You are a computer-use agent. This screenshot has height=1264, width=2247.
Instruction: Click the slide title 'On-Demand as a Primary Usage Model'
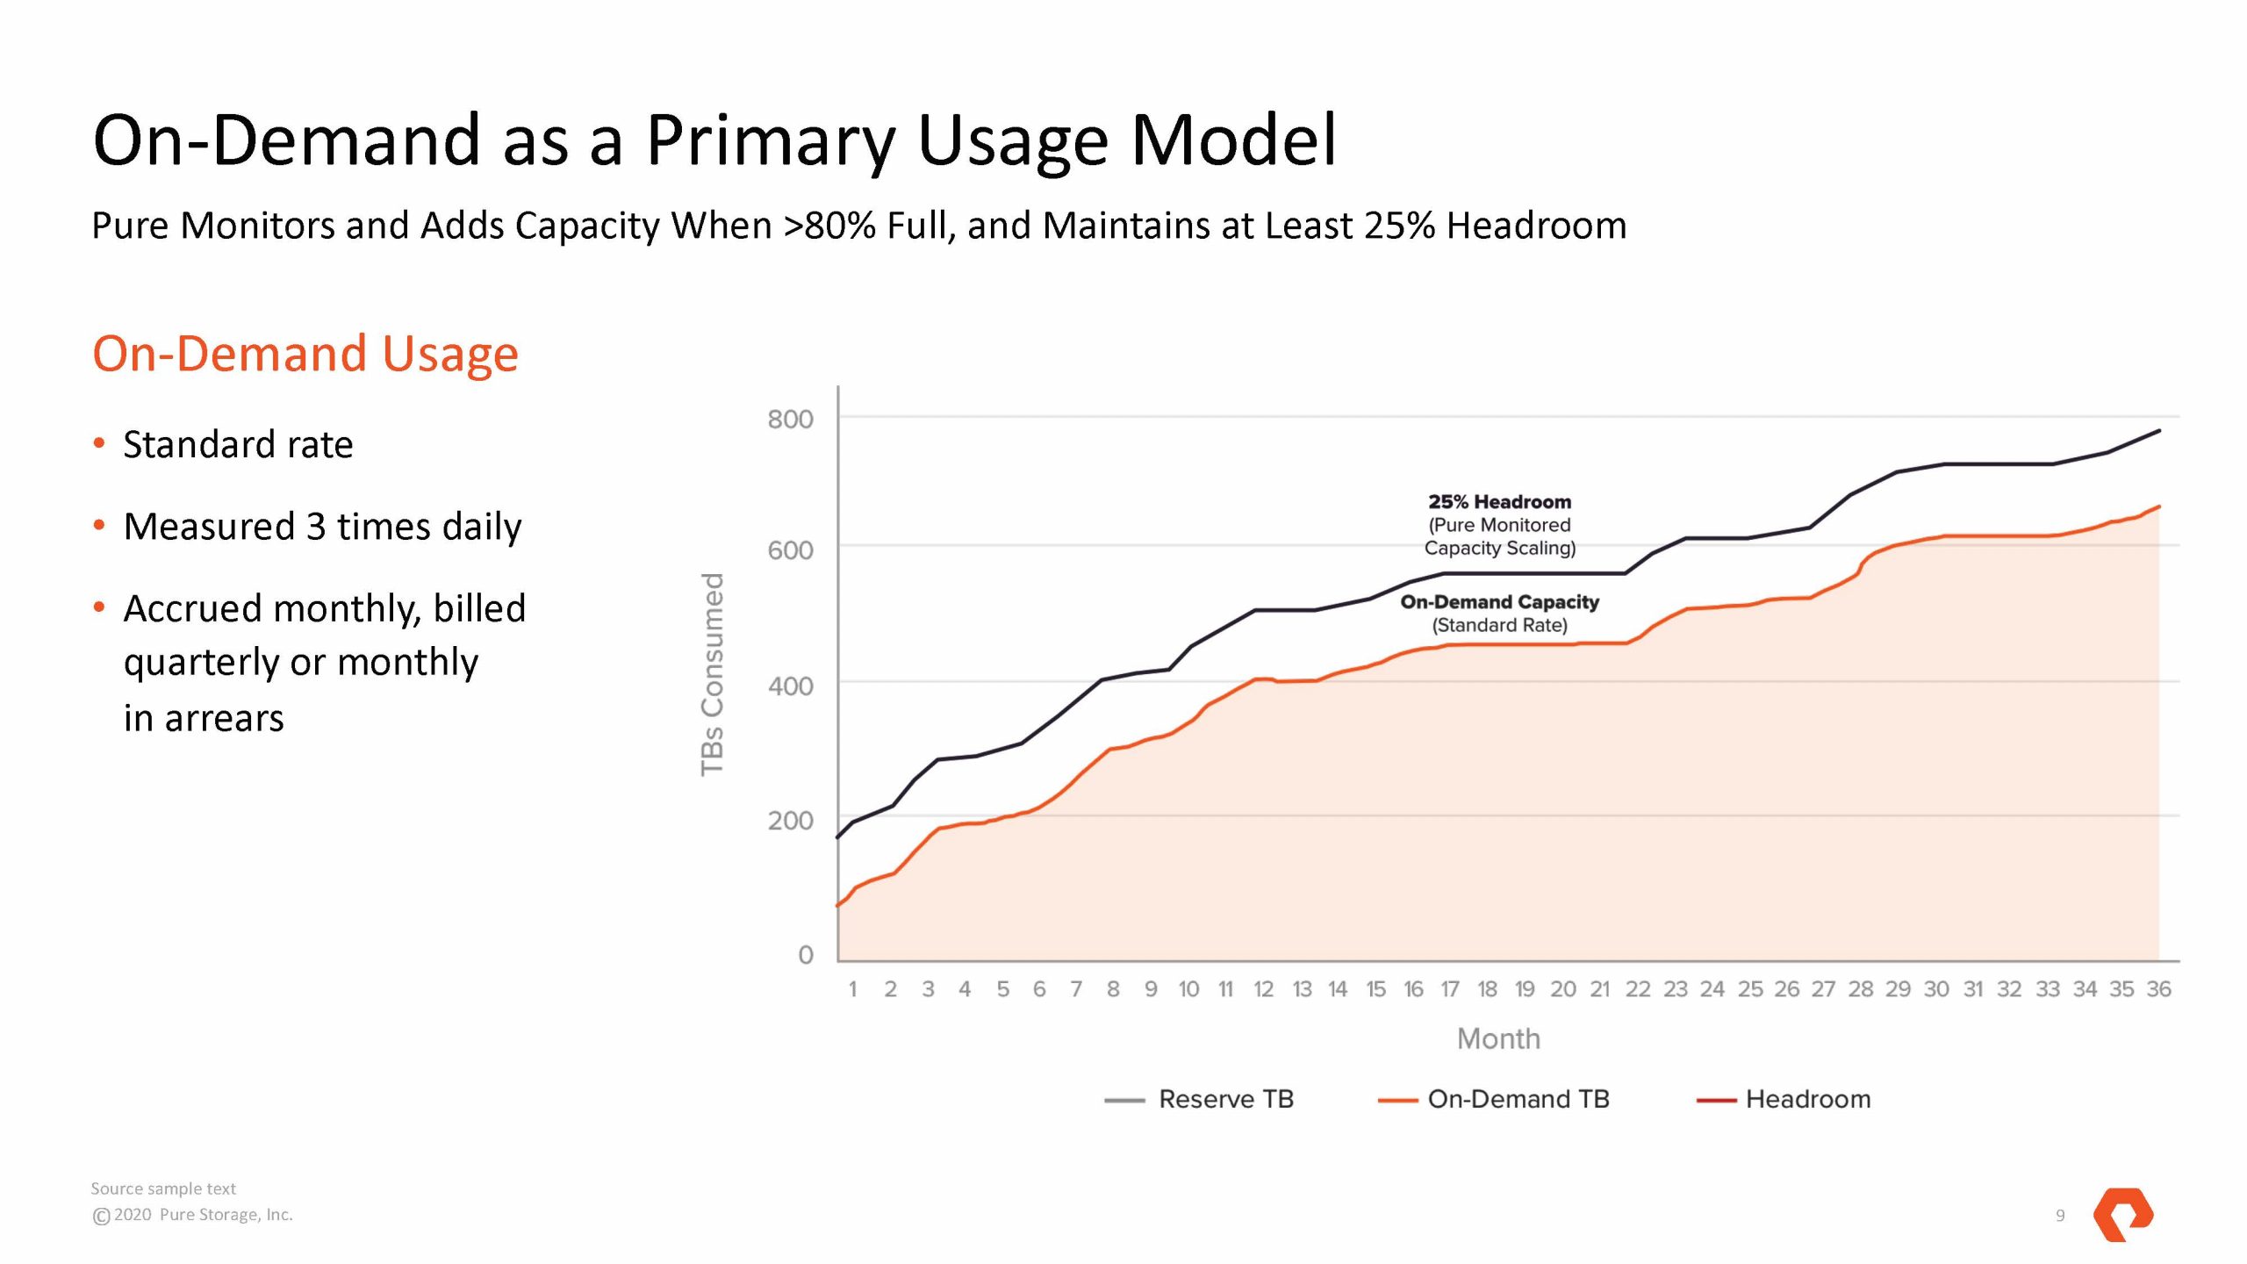(714, 140)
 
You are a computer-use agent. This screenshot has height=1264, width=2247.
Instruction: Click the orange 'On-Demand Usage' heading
(305, 354)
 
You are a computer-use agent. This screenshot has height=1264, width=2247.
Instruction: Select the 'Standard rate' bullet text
(238, 445)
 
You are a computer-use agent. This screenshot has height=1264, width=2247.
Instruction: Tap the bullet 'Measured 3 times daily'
(322, 527)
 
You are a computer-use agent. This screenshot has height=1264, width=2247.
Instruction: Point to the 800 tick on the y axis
(790, 420)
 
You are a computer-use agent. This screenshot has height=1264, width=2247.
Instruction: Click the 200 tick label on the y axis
(790, 821)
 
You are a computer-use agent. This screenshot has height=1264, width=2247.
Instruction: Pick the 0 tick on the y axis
(805, 954)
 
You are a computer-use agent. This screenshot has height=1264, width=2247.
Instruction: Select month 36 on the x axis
(2158, 989)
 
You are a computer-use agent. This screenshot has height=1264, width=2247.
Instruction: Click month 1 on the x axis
(852, 989)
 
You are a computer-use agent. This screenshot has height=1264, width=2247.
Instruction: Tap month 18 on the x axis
(1487, 989)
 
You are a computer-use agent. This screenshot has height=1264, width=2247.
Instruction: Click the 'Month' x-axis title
(1498, 1039)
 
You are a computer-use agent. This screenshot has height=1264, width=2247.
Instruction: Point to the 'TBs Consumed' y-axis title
(713, 674)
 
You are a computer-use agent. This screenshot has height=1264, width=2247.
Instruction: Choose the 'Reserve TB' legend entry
(1225, 1099)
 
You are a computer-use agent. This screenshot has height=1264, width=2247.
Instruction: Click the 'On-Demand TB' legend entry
(1518, 1099)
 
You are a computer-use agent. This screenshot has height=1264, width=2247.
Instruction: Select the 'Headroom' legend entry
(1807, 1099)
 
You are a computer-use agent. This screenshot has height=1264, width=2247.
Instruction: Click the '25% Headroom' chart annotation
(1499, 502)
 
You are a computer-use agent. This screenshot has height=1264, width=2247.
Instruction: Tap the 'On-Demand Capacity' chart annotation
(1499, 602)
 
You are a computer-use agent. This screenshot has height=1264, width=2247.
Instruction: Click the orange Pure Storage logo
(2122, 1214)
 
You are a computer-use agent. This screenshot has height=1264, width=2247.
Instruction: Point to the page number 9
(2060, 1216)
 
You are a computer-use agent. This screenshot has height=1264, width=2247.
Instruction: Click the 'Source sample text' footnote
(163, 1189)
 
